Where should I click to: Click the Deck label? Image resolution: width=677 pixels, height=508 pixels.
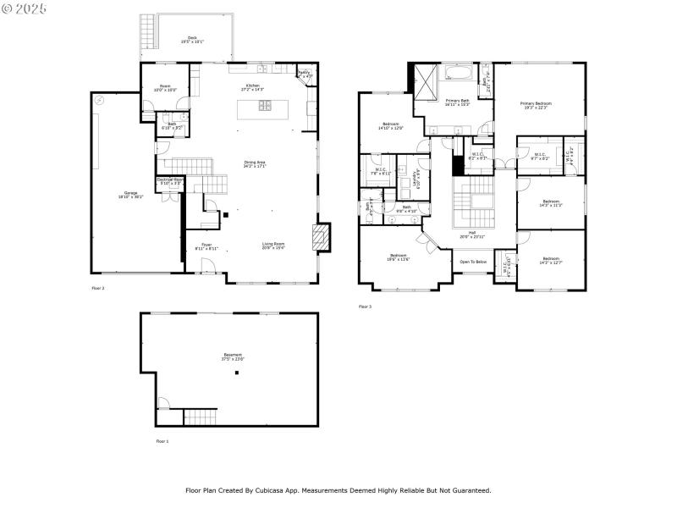(191, 38)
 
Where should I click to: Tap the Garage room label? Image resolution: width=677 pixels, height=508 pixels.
(131, 195)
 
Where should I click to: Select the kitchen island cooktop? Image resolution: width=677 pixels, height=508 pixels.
(265, 106)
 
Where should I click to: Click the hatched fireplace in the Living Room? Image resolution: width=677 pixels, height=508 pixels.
(322, 238)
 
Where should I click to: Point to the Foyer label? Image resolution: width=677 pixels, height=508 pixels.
(207, 246)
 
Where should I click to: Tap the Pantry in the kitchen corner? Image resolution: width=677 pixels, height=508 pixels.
(304, 74)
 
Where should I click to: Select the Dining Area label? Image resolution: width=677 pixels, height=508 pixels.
(255, 163)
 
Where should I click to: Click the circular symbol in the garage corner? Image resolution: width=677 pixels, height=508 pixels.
(100, 100)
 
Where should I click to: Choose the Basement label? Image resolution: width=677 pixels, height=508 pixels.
(233, 356)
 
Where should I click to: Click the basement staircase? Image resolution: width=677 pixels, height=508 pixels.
(201, 417)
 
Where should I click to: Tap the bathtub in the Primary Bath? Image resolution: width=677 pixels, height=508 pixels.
(461, 74)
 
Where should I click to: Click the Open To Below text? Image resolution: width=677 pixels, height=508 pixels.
(473, 262)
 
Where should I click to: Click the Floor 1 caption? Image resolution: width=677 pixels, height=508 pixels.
(162, 441)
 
